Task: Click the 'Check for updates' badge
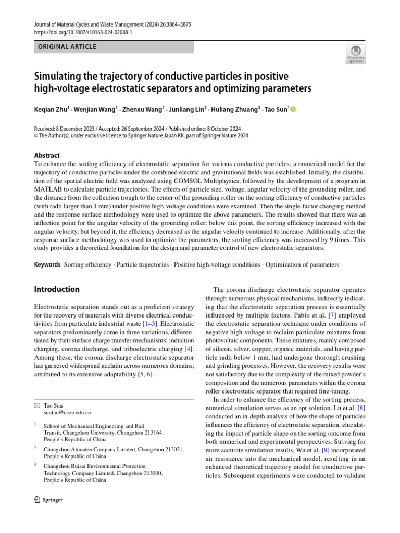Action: pos(356,54)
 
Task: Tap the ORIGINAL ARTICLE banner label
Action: pos(67,47)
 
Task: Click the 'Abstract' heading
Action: pos(46,155)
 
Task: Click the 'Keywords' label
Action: pos(47,264)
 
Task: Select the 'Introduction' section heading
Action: pos(56,289)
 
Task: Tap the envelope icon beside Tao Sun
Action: pos(36,404)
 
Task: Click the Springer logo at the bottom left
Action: pos(48,500)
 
